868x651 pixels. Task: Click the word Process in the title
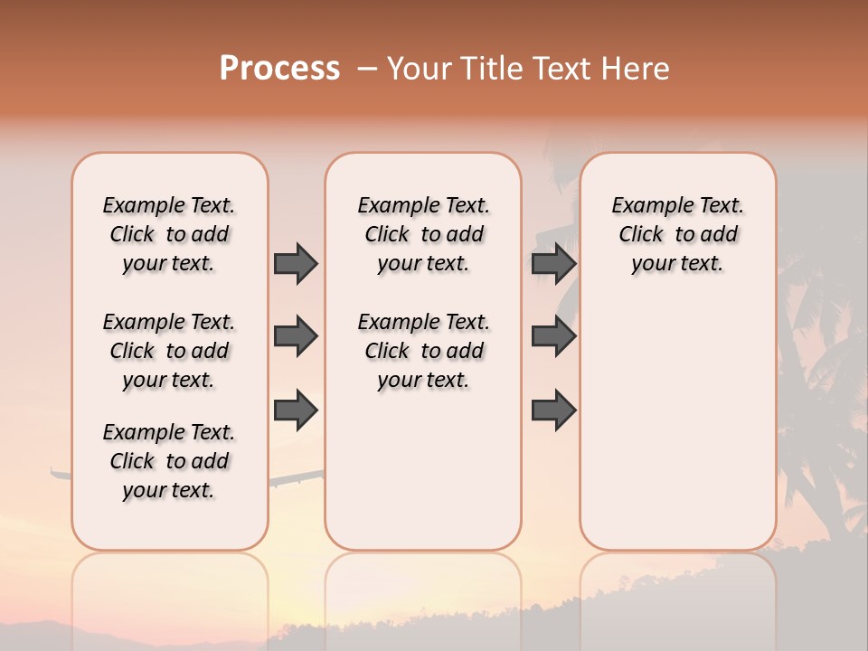coord(279,69)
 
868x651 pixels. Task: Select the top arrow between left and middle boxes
coord(296,263)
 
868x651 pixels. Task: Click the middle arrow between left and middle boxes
coord(296,336)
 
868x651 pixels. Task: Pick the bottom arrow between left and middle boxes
coord(296,410)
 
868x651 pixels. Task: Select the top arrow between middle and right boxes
coord(553,263)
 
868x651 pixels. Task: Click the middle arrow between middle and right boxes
coord(553,336)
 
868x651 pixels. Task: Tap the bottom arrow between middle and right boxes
coord(553,410)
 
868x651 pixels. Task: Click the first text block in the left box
coord(169,234)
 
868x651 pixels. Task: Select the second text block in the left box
coord(169,351)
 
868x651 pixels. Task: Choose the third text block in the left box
coord(169,461)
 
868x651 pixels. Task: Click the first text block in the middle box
coord(424,234)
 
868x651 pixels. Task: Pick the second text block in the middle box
coord(424,351)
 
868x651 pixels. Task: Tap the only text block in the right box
coord(678,234)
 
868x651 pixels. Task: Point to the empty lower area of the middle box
coord(424,470)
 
